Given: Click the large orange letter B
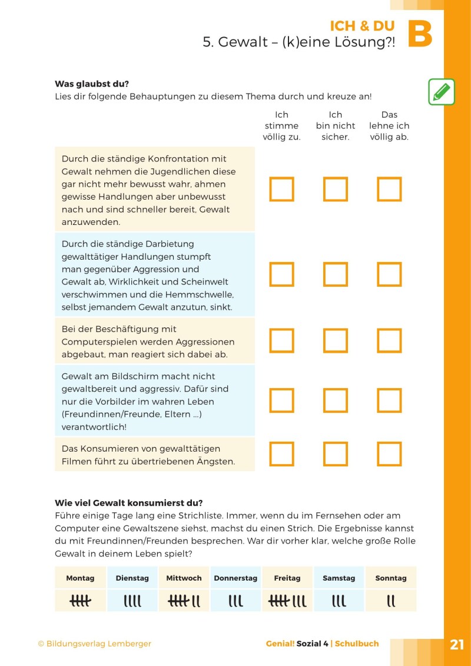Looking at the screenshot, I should tap(420, 35).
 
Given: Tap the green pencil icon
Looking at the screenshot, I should tap(441, 92).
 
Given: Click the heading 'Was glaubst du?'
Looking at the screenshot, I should tap(91, 84).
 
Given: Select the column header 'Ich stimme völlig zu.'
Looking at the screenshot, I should tap(281, 126).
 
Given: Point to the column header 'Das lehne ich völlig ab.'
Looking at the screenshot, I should tap(389, 126).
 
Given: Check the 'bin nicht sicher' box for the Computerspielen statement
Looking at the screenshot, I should tap(335, 340).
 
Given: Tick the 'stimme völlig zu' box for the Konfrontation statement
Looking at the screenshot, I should tap(281, 189).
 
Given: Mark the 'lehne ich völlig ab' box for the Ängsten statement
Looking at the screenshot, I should tap(389, 454).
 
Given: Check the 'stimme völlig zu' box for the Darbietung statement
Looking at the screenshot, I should tap(281, 274).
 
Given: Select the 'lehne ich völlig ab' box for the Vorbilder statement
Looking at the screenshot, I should tap(389, 400).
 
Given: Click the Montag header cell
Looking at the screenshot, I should tap(80, 578).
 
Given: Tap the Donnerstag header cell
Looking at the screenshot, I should tap(235, 578).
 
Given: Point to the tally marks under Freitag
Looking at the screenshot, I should tap(287, 601).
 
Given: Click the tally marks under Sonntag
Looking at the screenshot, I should tap(391, 601).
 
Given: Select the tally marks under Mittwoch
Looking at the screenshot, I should tap(184, 601).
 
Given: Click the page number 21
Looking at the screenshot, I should tap(457, 644).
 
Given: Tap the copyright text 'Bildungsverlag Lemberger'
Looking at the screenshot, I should tap(94, 644).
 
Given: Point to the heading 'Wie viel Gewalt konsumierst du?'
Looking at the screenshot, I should tap(128, 503).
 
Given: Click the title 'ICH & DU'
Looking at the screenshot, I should tap(362, 26).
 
